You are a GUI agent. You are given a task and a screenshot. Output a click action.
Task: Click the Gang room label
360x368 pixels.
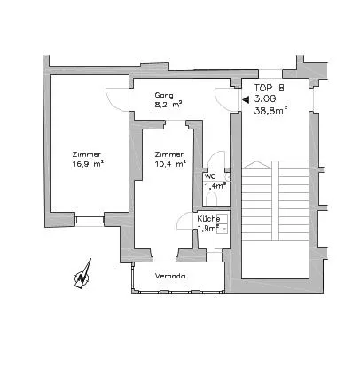click(164, 96)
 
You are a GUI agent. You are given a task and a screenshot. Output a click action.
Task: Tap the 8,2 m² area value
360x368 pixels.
click(168, 105)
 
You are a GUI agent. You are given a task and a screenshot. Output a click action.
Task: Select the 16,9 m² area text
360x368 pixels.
click(88, 164)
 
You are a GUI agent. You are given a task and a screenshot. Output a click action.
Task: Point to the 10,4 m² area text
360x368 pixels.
click(170, 163)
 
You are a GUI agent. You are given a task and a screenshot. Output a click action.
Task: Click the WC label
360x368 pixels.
click(210, 176)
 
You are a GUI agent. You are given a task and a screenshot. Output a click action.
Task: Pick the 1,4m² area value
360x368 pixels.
click(215, 185)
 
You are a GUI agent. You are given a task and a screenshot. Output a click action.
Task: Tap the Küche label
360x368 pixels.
click(208, 219)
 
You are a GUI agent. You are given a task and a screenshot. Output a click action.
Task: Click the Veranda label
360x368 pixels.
click(170, 276)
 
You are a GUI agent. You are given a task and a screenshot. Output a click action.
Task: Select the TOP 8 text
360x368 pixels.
click(270, 88)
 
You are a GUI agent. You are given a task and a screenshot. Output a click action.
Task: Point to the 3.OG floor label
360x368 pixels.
click(265, 98)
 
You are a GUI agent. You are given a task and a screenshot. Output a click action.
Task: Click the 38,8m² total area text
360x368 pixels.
click(271, 110)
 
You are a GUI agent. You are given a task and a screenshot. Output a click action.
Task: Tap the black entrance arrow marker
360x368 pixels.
click(246, 100)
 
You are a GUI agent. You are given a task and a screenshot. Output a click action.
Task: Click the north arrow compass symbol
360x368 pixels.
click(83, 274)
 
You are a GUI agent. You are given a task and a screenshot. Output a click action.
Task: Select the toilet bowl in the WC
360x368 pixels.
click(211, 199)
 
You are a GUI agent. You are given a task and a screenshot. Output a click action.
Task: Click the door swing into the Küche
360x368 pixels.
click(184, 220)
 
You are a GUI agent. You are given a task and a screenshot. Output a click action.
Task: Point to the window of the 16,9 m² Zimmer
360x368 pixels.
click(89, 220)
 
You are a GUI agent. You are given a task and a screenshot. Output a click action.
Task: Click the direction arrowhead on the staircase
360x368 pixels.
click(256, 164)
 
